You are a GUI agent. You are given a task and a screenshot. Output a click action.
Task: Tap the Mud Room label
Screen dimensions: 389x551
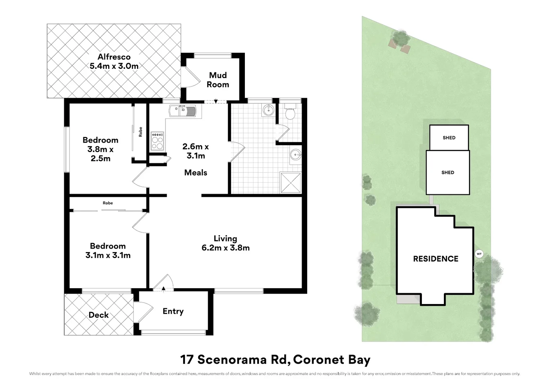coord(218,80)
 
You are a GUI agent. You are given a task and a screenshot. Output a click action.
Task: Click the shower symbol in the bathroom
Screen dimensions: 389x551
coord(291,183)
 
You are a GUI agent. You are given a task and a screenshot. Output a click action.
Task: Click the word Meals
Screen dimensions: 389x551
coord(195,173)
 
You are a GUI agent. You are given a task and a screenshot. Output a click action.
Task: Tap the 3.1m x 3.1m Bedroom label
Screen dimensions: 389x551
coord(108,251)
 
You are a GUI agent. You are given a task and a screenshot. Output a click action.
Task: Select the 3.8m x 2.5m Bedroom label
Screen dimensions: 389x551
coord(100,149)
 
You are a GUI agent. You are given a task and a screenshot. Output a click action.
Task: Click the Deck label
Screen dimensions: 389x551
coord(98,315)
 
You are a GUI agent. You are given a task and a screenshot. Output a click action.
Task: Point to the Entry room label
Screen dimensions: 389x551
coord(173,311)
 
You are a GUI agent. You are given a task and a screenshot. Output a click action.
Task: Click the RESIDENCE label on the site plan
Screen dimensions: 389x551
coord(436,259)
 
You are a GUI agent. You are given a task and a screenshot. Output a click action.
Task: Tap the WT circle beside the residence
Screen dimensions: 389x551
coord(479,254)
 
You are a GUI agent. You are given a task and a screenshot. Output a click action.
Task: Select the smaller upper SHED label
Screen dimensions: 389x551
coord(449,138)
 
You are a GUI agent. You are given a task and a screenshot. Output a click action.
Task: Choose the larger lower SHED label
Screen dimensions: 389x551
coord(448,173)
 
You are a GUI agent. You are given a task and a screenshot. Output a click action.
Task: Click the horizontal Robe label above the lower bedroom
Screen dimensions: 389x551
coord(108,203)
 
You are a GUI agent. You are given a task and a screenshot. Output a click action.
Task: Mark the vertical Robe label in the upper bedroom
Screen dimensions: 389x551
coord(141,132)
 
